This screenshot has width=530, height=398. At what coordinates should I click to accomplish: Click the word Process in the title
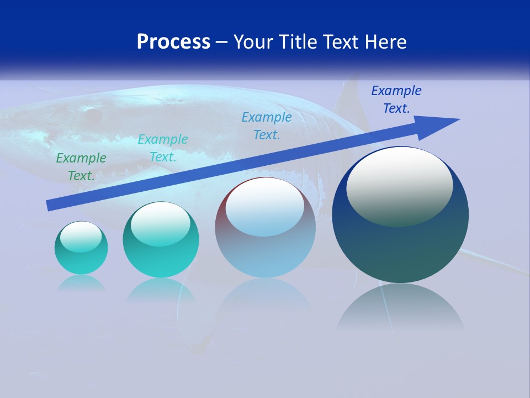173,42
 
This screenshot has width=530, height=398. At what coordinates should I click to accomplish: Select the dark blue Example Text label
396,99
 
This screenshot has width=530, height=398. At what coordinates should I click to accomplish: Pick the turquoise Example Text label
163,148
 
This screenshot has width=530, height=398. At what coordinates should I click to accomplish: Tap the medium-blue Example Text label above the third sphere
267,126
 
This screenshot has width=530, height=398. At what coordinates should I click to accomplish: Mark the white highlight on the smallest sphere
81,235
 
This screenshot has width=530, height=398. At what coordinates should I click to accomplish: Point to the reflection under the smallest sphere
81,283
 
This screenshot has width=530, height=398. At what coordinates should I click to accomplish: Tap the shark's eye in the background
92,115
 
